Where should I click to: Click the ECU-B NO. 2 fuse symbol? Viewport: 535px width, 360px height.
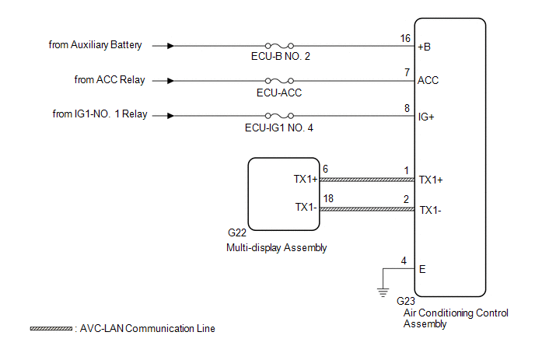coord(278,45)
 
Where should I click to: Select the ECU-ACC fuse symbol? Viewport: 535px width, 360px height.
coord(278,80)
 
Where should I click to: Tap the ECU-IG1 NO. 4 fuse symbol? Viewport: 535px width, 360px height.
coord(278,115)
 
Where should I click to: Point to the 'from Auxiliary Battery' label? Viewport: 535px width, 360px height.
coord(95,45)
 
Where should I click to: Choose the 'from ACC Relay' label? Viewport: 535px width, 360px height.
coord(110,80)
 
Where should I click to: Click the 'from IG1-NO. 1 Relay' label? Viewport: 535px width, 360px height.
coord(100,115)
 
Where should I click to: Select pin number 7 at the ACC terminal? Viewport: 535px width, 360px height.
coord(407,72)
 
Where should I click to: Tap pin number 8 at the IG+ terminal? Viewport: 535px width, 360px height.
coord(407,108)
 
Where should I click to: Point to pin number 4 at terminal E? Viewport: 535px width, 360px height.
coord(404,260)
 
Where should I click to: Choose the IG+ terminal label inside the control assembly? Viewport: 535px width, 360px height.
coord(427,116)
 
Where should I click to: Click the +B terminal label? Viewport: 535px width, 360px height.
coord(425,46)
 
